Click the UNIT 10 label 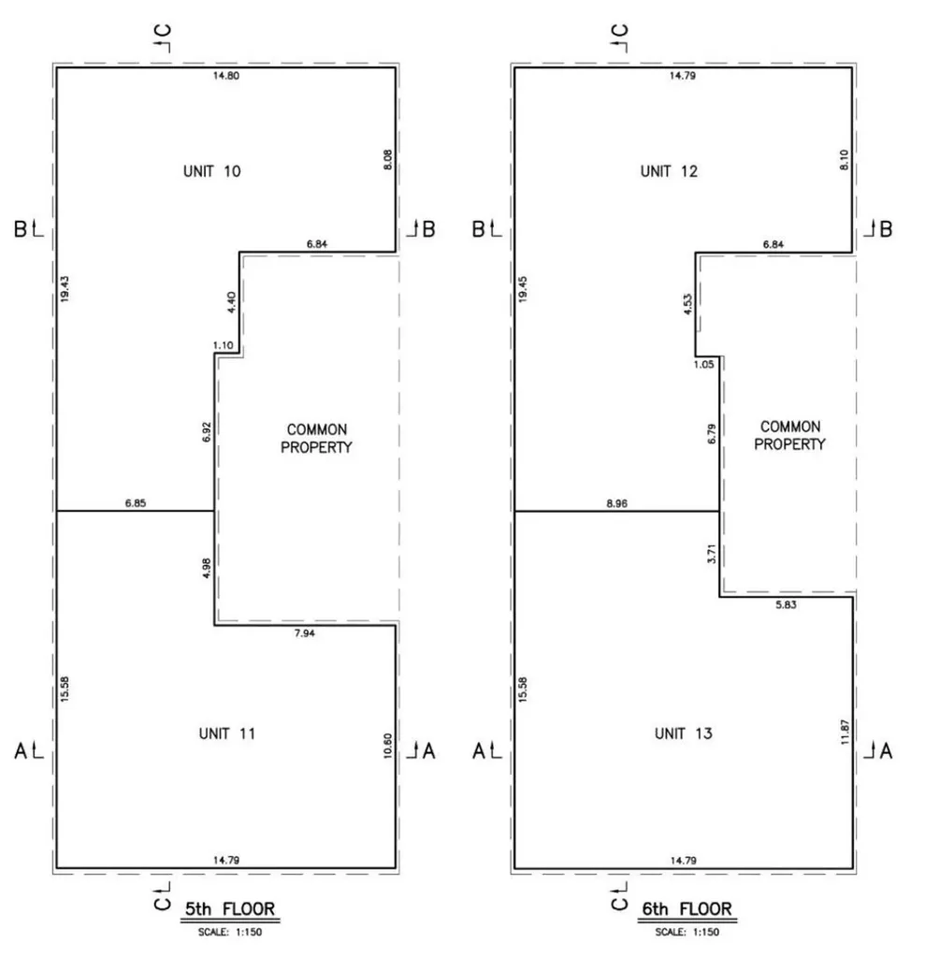click(x=212, y=171)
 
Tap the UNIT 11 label click(x=226, y=733)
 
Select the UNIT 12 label click(x=669, y=171)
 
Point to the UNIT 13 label click(x=684, y=733)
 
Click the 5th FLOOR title click(x=230, y=909)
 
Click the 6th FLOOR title click(x=687, y=909)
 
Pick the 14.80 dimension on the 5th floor click(x=226, y=76)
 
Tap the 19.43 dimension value click(x=65, y=288)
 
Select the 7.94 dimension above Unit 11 click(x=304, y=633)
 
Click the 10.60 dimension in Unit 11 click(x=387, y=746)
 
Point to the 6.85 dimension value click(x=136, y=502)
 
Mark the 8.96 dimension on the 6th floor click(x=617, y=503)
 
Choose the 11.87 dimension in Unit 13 click(x=845, y=732)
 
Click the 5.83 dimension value click(x=786, y=605)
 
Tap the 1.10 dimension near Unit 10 click(x=223, y=345)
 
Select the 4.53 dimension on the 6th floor click(x=688, y=304)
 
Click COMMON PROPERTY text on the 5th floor click(x=316, y=439)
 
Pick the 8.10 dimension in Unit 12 click(x=845, y=160)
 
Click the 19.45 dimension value click(x=523, y=289)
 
